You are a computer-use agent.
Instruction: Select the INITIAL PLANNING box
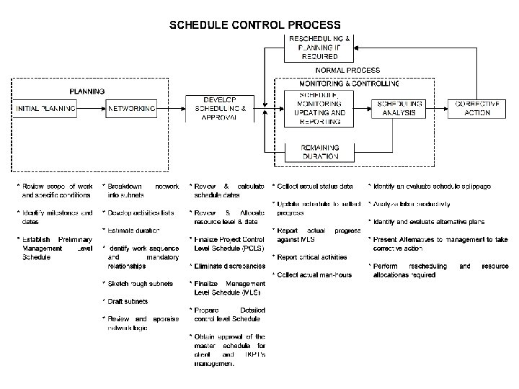click(x=46, y=108)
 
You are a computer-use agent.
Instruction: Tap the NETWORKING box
click(x=131, y=108)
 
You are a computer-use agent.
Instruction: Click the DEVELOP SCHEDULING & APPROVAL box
click(x=220, y=108)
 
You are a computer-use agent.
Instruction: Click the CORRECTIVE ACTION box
click(x=478, y=108)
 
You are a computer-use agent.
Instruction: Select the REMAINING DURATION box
click(x=320, y=152)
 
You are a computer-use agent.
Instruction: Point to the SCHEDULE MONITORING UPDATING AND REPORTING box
click(x=321, y=108)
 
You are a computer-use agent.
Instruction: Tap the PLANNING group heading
click(x=86, y=91)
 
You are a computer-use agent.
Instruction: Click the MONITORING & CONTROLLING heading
click(x=339, y=84)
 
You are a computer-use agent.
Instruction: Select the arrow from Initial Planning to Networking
click(x=92, y=108)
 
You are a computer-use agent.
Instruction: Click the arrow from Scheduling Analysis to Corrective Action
click(x=439, y=108)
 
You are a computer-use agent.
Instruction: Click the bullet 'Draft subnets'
click(x=129, y=301)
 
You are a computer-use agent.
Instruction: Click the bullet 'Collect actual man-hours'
click(x=312, y=274)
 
